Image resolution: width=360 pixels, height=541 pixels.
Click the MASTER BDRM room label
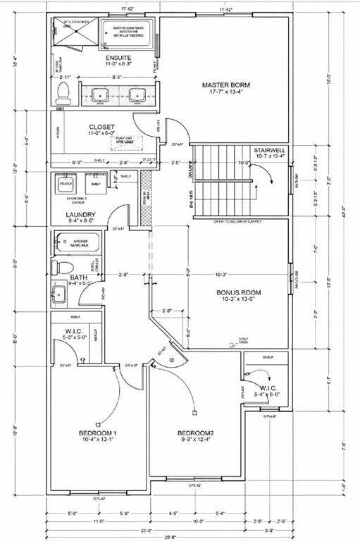click(x=222, y=85)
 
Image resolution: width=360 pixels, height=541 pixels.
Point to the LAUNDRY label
click(x=80, y=215)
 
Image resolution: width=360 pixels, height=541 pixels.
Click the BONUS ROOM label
click(x=240, y=292)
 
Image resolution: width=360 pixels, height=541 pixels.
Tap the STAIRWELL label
click(x=270, y=151)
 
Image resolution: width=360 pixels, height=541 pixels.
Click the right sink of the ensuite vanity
click(x=137, y=94)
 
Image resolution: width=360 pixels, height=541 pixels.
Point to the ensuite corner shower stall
click(x=70, y=32)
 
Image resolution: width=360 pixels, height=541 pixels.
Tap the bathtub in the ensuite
click(x=127, y=32)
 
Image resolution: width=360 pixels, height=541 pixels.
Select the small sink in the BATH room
click(x=58, y=292)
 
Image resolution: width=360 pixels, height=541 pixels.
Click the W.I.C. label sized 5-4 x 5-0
click(x=269, y=388)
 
